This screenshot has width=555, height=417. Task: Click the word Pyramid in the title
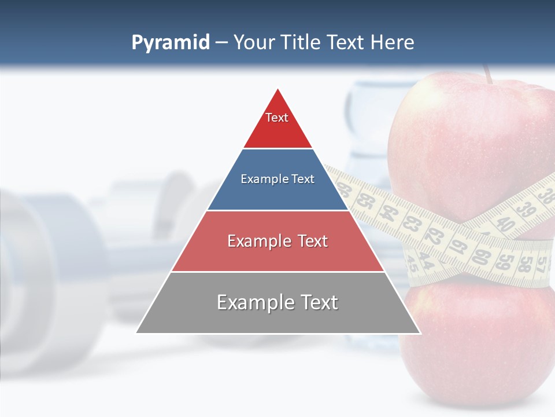170,43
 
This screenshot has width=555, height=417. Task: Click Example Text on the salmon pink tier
277,241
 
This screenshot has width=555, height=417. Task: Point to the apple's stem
488,74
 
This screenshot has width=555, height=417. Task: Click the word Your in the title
254,43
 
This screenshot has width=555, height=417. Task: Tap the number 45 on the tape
413,265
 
